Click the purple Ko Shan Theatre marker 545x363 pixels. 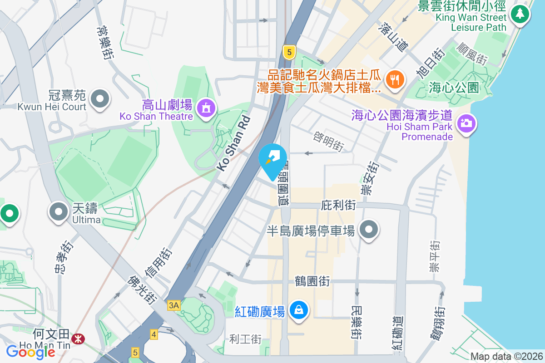[206, 108]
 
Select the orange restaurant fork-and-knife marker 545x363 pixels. [392, 80]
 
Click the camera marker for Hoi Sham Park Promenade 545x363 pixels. [466, 123]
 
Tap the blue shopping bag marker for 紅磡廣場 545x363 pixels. [299, 311]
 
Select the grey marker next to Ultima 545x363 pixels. [58, 211]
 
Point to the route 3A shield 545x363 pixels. [173, 305]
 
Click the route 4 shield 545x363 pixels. [154, 335]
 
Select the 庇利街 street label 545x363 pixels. [338, 205]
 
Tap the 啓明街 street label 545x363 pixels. [328, 141]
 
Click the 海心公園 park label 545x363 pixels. [454, 88]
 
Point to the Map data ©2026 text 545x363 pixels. [506, 356]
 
